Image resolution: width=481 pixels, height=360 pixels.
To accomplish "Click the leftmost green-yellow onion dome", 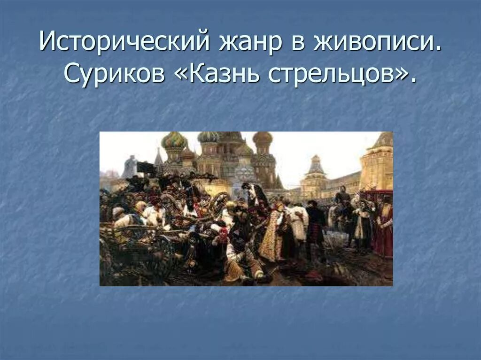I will tap(174, 140).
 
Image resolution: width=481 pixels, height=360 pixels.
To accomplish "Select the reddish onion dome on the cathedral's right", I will tap(262, 138).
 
